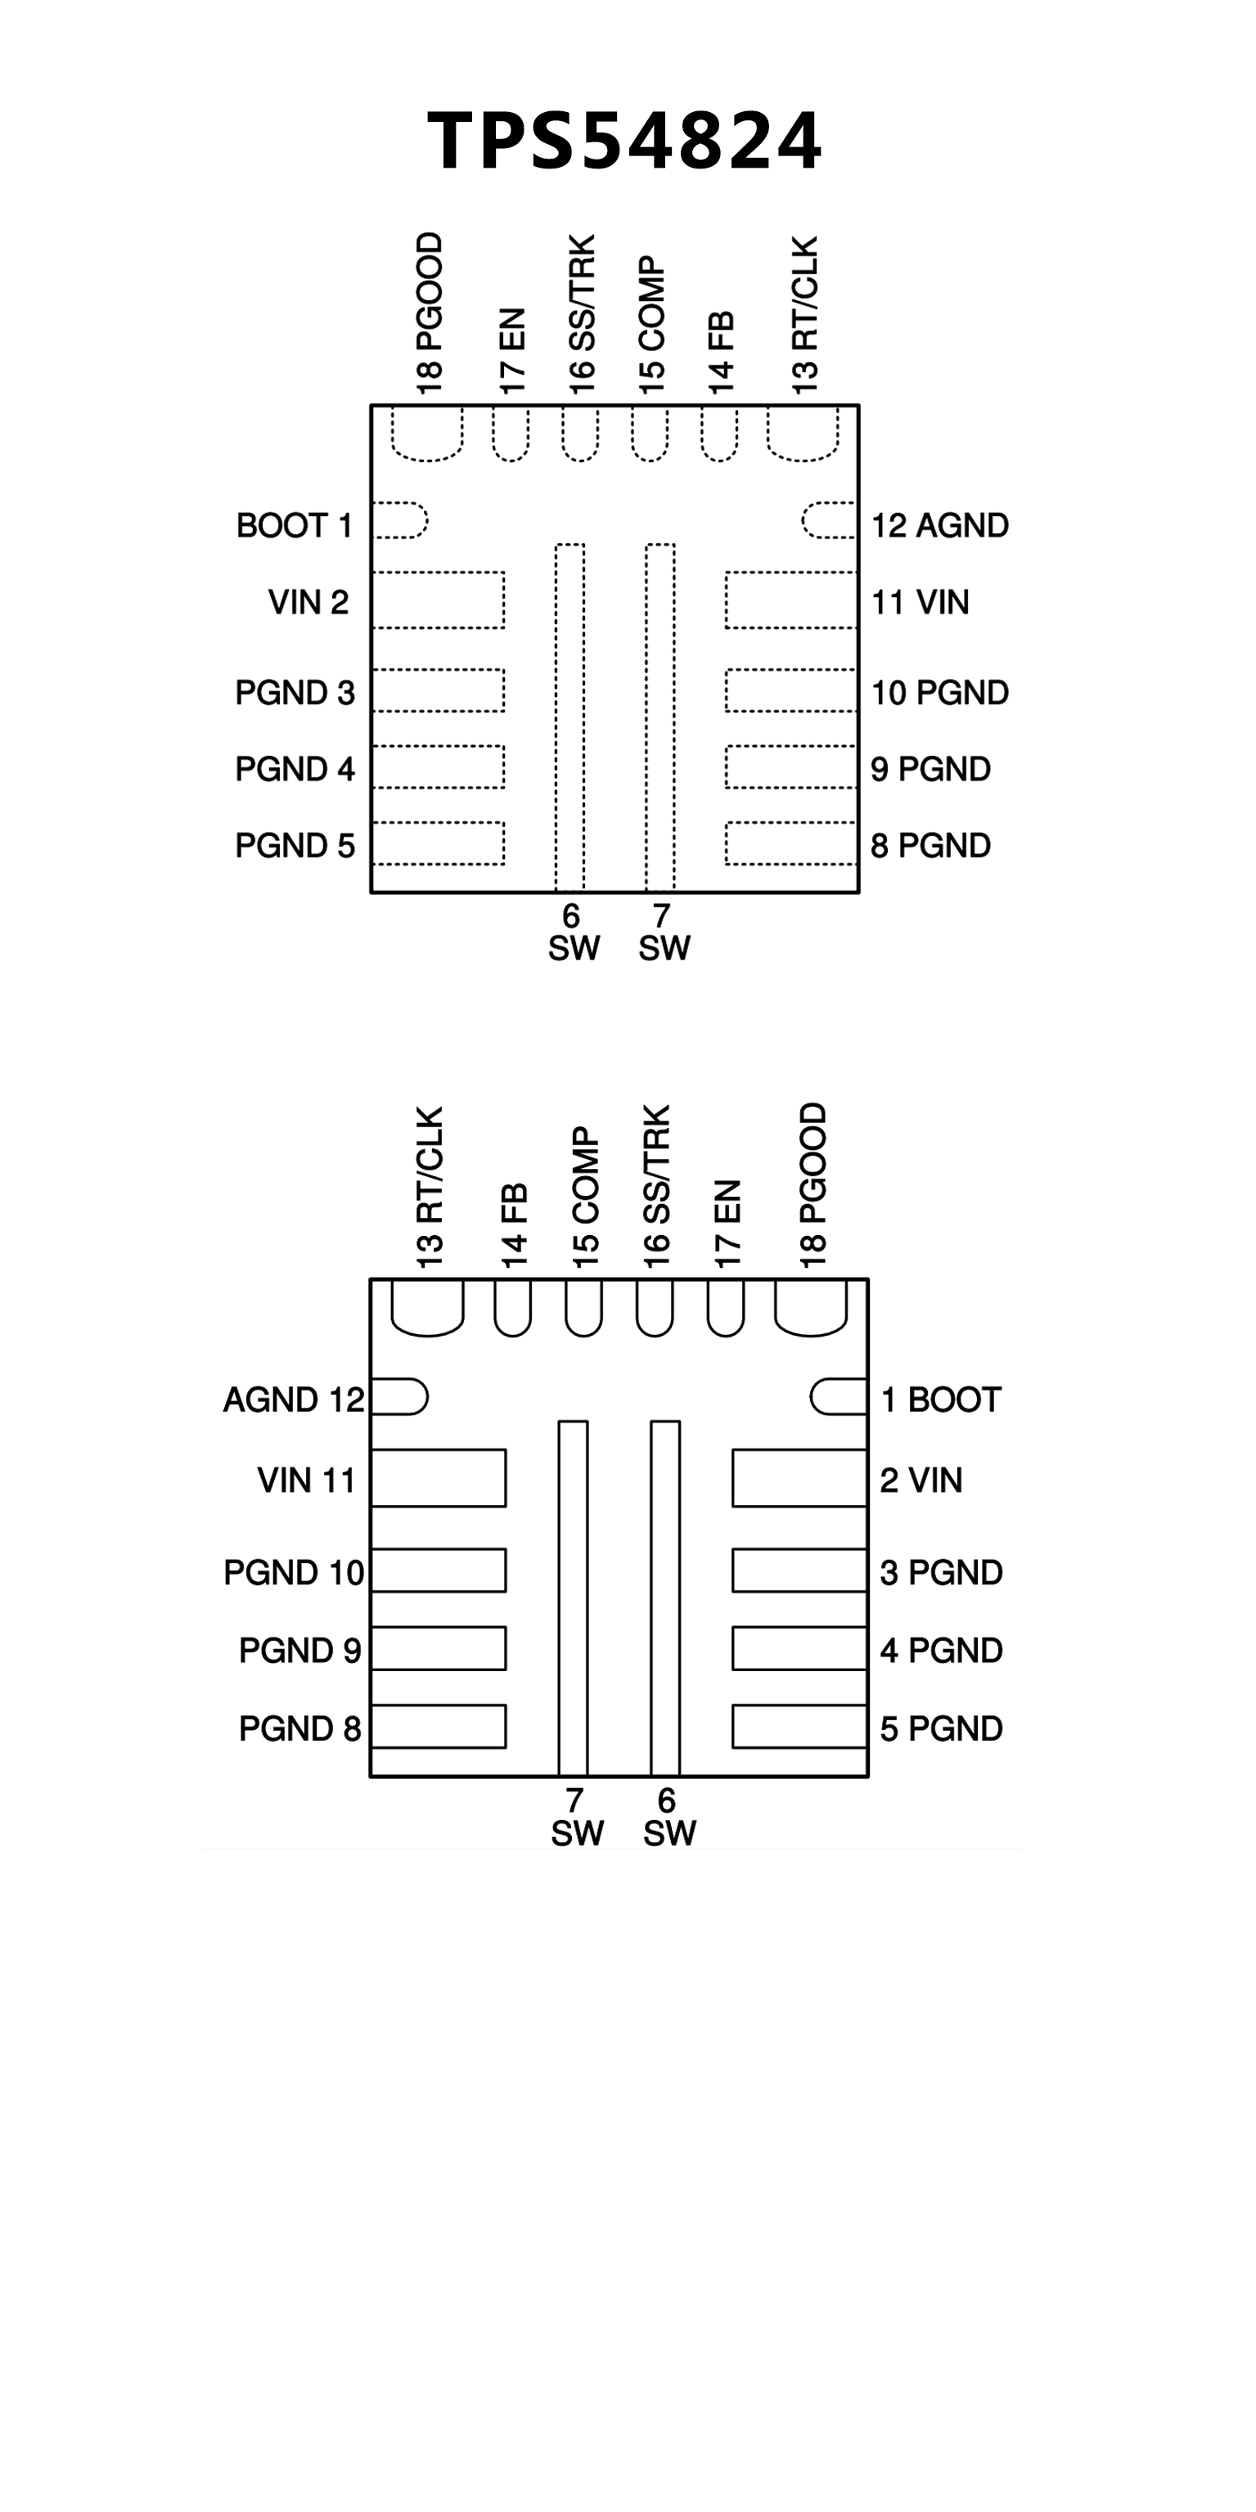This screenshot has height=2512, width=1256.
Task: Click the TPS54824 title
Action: point(625,141)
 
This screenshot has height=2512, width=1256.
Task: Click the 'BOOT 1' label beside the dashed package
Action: point(295,526)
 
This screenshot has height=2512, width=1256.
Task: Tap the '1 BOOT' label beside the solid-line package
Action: point(941,1400)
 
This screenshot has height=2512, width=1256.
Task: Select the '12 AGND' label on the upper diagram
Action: point(940,526)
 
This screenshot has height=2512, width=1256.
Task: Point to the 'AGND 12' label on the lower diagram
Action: point(294,1400)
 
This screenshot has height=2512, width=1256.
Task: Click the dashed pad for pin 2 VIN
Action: point(438,600)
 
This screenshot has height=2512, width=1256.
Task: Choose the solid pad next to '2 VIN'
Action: point(799,1478)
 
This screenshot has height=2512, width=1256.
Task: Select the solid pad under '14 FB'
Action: point(513,1306)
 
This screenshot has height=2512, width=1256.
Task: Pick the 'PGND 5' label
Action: point(295,846)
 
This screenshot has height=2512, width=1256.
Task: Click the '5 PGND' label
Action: point(941,1729)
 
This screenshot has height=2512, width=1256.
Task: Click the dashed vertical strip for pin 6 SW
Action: point(569,717)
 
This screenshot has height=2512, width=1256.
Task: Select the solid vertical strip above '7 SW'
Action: point(574,1598)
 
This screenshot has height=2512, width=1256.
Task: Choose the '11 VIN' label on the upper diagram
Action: point(920,603)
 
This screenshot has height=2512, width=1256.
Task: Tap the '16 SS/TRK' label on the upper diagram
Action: point(581,315)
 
